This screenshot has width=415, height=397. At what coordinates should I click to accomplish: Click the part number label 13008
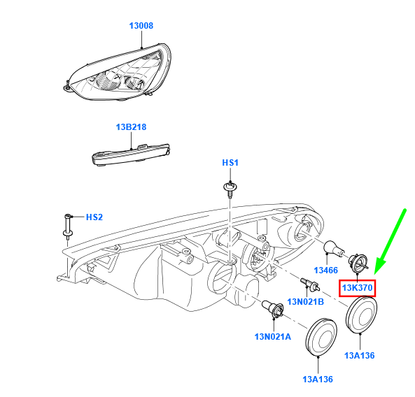point(141,26)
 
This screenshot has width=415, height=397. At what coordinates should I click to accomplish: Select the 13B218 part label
point(131,127)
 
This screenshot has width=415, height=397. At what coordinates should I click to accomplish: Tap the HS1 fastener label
point(230,163)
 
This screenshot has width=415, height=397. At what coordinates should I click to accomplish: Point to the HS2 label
point(94,217)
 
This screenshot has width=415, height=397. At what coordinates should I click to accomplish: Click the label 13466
point(326,270)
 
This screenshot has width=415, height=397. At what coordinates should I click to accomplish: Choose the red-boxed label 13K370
point(358,288)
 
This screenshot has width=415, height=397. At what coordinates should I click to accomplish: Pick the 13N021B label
point(305,301)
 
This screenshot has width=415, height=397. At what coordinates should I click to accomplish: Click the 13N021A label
point(273,337)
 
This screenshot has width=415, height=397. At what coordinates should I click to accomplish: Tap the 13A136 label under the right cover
point(360,356)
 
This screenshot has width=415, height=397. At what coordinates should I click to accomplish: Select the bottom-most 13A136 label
point(318,380)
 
